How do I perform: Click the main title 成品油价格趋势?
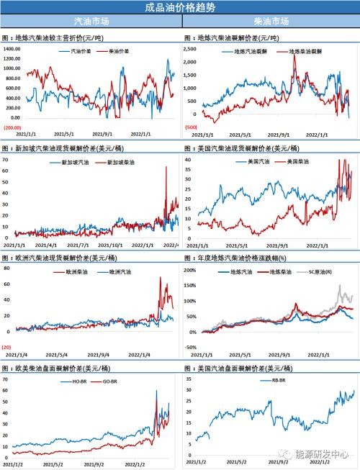[179, 8]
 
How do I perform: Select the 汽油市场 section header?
[91, 22]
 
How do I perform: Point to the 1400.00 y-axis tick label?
[12, 48]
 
